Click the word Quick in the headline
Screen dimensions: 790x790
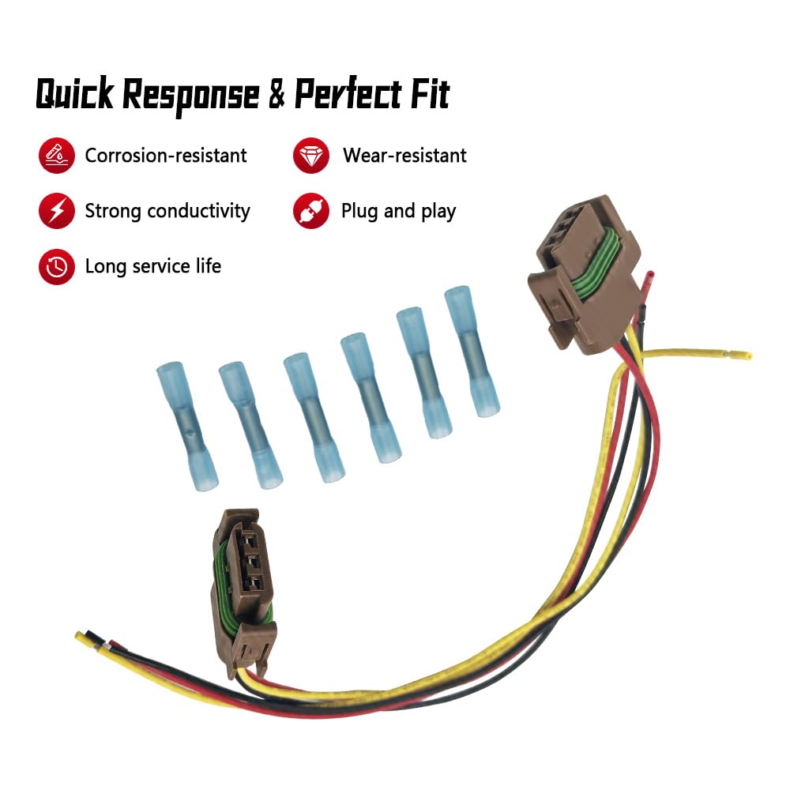[75, 94]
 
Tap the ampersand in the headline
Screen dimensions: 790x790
[276, 93]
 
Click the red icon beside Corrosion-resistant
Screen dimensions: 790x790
[56, 155]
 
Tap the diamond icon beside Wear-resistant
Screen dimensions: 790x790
[310, 155]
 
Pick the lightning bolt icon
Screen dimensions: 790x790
[56, 211]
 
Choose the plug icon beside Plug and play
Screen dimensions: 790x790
[310, 211]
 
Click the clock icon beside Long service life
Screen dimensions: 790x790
[56, 266]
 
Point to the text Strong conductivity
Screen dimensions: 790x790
[167, 211]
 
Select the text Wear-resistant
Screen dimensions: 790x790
[404, 155]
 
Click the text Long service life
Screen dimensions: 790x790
[153, 266]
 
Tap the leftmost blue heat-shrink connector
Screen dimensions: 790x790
[187, 426]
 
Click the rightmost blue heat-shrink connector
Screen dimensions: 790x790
[472, 352]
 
